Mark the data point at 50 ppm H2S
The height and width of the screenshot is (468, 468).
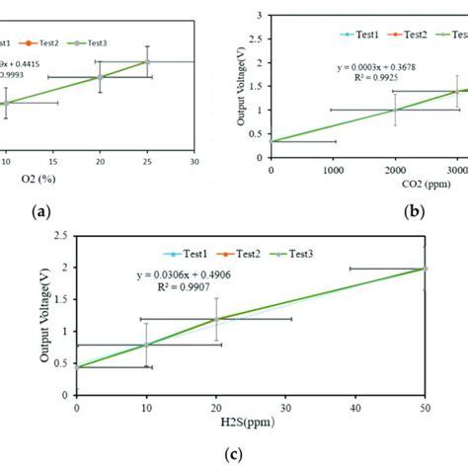(425, 268)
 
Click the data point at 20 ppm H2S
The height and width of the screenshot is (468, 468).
(216, 319)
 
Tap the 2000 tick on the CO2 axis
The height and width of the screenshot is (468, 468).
(395, 164)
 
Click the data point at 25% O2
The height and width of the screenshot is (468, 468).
(147, 61)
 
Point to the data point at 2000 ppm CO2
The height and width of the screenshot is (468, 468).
(395, 110)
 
